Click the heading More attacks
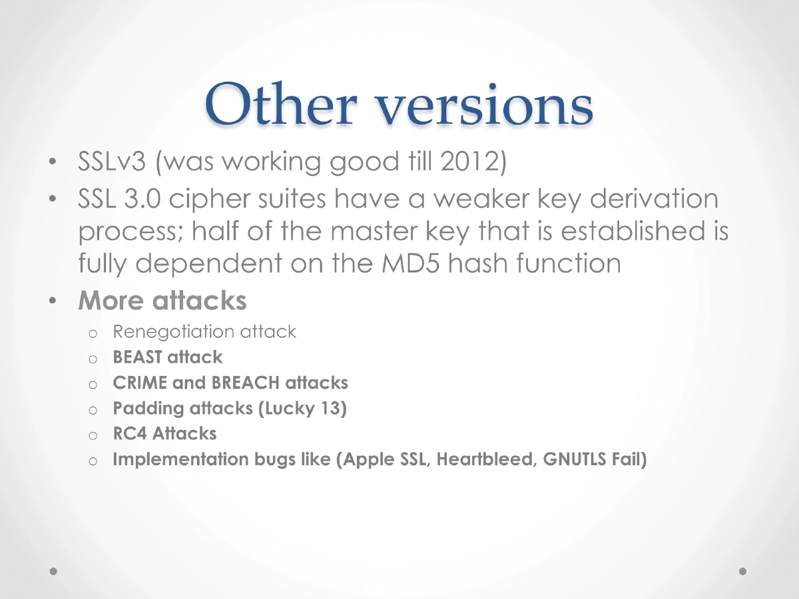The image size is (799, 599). click(x=162, y=300)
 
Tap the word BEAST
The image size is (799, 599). click(x=137, y=357)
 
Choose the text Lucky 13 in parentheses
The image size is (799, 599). click(x=302, y=408)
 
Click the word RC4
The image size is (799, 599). click(x=130, y=433)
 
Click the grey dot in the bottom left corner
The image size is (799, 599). click(x=55, y=571)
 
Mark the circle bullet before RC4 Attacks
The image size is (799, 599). click(x=93, y=435)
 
